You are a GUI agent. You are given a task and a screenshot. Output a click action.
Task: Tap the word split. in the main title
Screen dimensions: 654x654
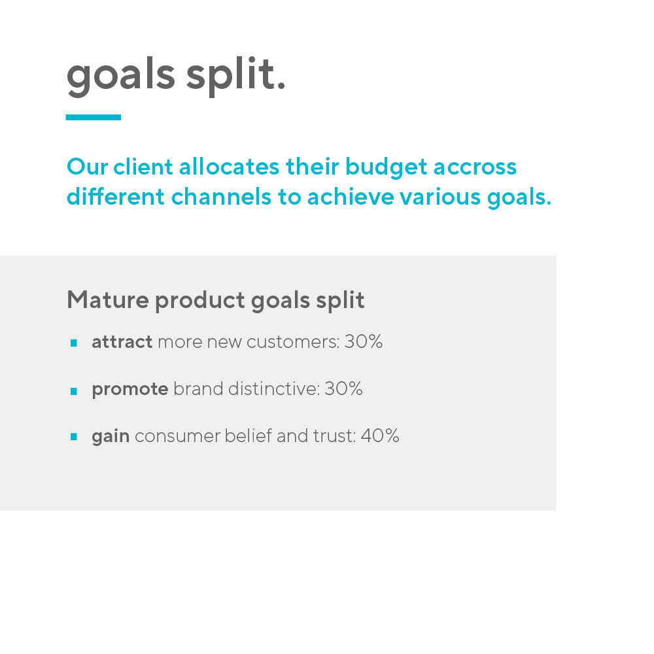[x=235, y=75]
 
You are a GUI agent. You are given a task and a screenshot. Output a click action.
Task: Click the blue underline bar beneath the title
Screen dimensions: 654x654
[x=94, y=117]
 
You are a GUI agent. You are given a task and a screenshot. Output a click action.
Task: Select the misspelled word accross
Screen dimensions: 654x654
[x=475, y=167]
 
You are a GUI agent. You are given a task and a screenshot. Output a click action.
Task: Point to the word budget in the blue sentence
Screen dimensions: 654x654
[x=387, y=167]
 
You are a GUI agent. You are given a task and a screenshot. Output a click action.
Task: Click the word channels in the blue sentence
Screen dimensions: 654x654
[x=221, y=197]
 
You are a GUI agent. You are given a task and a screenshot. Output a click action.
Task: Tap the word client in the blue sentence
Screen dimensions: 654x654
[x=143, y=167]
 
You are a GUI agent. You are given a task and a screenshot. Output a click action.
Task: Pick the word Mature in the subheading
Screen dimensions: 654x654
[x=108, y=300]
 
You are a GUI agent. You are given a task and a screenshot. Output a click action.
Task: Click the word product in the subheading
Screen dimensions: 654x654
[x=199, y=301]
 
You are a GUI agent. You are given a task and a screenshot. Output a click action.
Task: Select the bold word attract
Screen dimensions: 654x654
[x=122, y=342]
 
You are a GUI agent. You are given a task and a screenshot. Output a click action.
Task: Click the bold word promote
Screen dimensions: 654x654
[x=130, y=390]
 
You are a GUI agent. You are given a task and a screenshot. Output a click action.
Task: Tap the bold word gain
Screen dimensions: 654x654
[x=111, y=437]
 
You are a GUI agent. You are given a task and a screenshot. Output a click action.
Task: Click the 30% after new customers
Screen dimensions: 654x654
[x=363, y=341]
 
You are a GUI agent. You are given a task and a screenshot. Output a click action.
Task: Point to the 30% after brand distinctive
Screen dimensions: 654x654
[x=344, y=388]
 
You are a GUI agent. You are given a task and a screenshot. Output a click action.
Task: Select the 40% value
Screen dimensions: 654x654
[x=380, y=436]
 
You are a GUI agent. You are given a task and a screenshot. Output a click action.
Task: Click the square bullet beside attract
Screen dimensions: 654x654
[x=74, y=343]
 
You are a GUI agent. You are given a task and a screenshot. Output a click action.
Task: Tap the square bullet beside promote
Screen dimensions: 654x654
[x=74, y=391]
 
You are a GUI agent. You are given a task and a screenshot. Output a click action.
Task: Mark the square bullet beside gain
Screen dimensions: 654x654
[x=74, y=437]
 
